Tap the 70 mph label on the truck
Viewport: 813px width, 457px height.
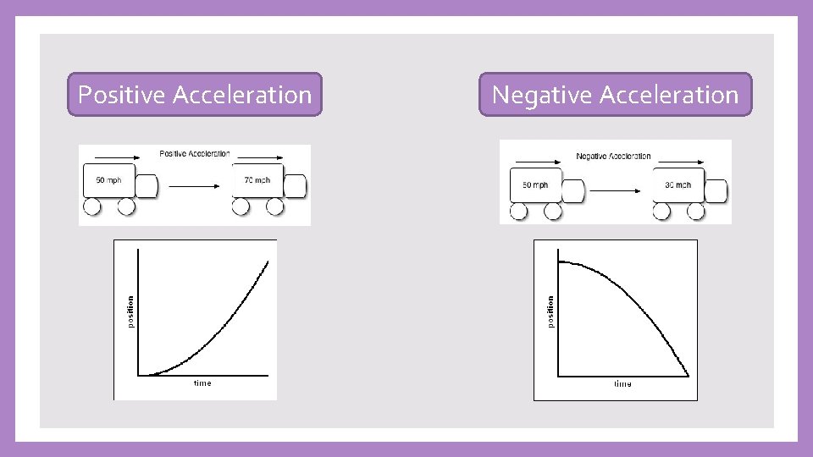coord(257,180)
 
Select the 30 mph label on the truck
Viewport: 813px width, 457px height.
coord(677,184)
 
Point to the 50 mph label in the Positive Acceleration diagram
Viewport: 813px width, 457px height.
coord(109,180)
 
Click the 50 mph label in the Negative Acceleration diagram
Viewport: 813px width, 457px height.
coord(535,184)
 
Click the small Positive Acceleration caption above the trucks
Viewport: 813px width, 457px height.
coord(195,154)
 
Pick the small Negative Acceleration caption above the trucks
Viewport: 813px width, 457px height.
coord(613,157)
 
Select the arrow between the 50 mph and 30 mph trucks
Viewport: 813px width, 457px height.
coord(616,190)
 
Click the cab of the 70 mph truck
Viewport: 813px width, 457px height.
coord(295,186)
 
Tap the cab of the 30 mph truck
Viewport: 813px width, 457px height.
coord(716,190)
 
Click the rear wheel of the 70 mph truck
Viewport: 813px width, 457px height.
coord(241,207)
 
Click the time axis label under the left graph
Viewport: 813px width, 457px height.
coord(202,383)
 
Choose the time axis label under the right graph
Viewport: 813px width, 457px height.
coord(622,384)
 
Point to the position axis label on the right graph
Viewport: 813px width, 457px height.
coord(550,311)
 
